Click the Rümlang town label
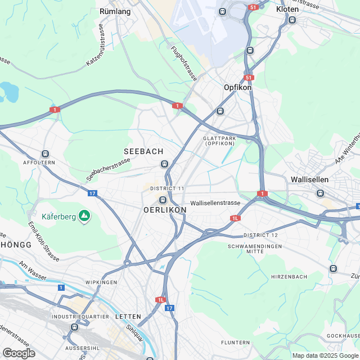click(115, 11)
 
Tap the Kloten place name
click(287, 10)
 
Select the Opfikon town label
click(237, 88)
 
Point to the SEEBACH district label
click(143, 152)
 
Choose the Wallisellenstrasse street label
click(215, 202)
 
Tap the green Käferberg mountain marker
click(84, 215)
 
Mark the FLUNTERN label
click(235, 342)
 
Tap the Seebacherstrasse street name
click(108, 169)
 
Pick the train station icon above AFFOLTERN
click(45, 154)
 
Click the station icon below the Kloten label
click(292, 20)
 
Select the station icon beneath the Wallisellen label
click(321, 193)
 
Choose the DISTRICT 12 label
click(260, 235)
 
